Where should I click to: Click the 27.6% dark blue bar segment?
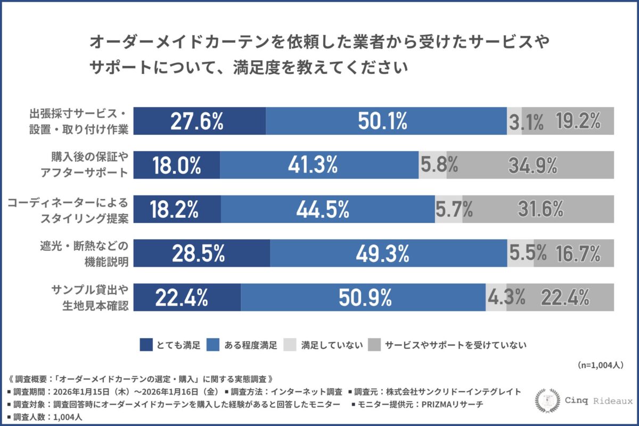point(199,121)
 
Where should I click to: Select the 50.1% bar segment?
point(386,121)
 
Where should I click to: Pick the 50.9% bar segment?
point(363,298)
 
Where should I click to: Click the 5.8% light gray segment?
point(432,165)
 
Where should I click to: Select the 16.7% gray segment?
point(574,253)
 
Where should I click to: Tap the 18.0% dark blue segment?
point(176,165)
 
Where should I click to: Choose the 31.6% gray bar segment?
point(538,209)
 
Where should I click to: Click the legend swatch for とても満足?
point(146,345)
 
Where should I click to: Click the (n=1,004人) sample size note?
point(600,365)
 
